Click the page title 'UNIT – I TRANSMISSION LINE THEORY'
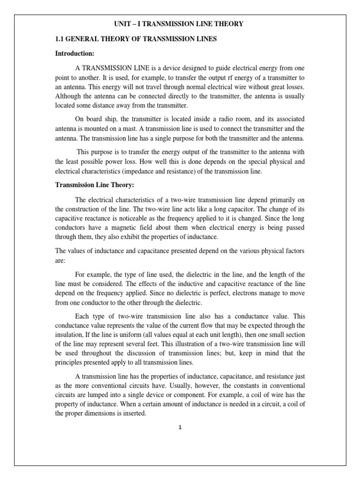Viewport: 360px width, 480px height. click(x=180, y=24)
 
